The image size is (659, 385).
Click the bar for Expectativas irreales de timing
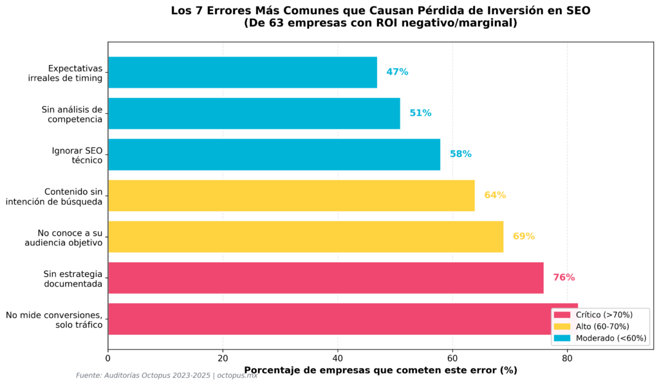242,72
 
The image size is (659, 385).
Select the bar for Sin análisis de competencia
254,113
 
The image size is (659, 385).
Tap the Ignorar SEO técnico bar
274,155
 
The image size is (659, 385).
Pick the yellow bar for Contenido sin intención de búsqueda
291,196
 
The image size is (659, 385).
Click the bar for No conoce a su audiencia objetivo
305,236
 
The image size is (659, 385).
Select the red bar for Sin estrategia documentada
325,277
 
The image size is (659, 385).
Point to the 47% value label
397,72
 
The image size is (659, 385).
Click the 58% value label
460,155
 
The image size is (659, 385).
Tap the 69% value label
523,236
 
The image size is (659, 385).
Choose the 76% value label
564,277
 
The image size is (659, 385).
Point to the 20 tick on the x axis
223,358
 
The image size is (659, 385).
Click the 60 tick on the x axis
452,358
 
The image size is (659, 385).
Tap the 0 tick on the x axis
108,358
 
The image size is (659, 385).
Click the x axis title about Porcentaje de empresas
380,370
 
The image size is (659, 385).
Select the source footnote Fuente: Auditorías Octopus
166,375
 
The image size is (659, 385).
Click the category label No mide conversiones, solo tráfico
54,320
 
